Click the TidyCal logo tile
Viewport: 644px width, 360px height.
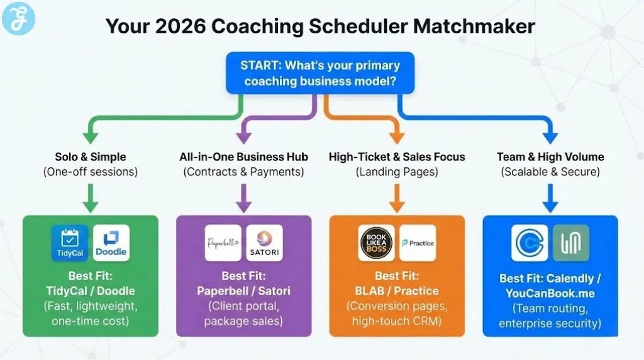(x=70, y=243)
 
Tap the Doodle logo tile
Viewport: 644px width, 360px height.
(x=111, y=243)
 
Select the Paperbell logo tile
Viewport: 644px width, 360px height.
(x=223, y=243)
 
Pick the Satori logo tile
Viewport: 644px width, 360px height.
(x=265, y=243)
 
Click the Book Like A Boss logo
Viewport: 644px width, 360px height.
(x=376, y=243)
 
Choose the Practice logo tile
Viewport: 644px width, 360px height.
(x=418, y=243)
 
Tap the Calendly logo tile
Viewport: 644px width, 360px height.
(x=530, y=243)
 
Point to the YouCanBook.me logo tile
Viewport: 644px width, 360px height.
(x=570, y=243)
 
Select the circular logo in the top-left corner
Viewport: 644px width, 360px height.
(x=19, y=18)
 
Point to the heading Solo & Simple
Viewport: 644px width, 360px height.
(x=91, y=157)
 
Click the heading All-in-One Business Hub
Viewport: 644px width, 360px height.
(x=243, y=157)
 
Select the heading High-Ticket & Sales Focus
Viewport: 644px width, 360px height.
(x=396, y=157)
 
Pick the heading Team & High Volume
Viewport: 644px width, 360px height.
(x=550, y=157)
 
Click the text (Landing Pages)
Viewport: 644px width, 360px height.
(x=396, y=172)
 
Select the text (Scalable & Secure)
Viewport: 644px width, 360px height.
(x=550, y=172)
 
